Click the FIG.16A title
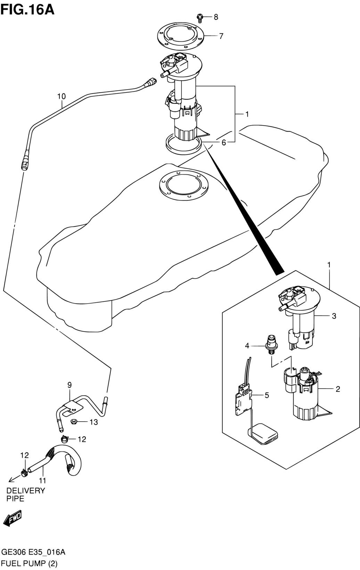click(x=27, y=10)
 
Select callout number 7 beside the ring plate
click(x=221, y=36)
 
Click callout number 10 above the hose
click(x=62, y=97)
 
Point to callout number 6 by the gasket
click(x=223, y=142)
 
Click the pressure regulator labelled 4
click(x=272, y=344)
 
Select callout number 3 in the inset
click(x=334, y=316)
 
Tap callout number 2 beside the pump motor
click(x=338, y=389)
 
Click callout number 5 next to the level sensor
click(x=267, y=395)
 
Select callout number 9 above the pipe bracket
click(x=69, y=385)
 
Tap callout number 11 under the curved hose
click(x=42, y=481)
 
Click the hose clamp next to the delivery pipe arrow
click(x=24, y=473)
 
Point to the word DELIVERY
click(x=26, y=490)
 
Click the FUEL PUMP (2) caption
click(x=29, y=562)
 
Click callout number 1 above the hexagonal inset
click(x=329, y=265)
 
